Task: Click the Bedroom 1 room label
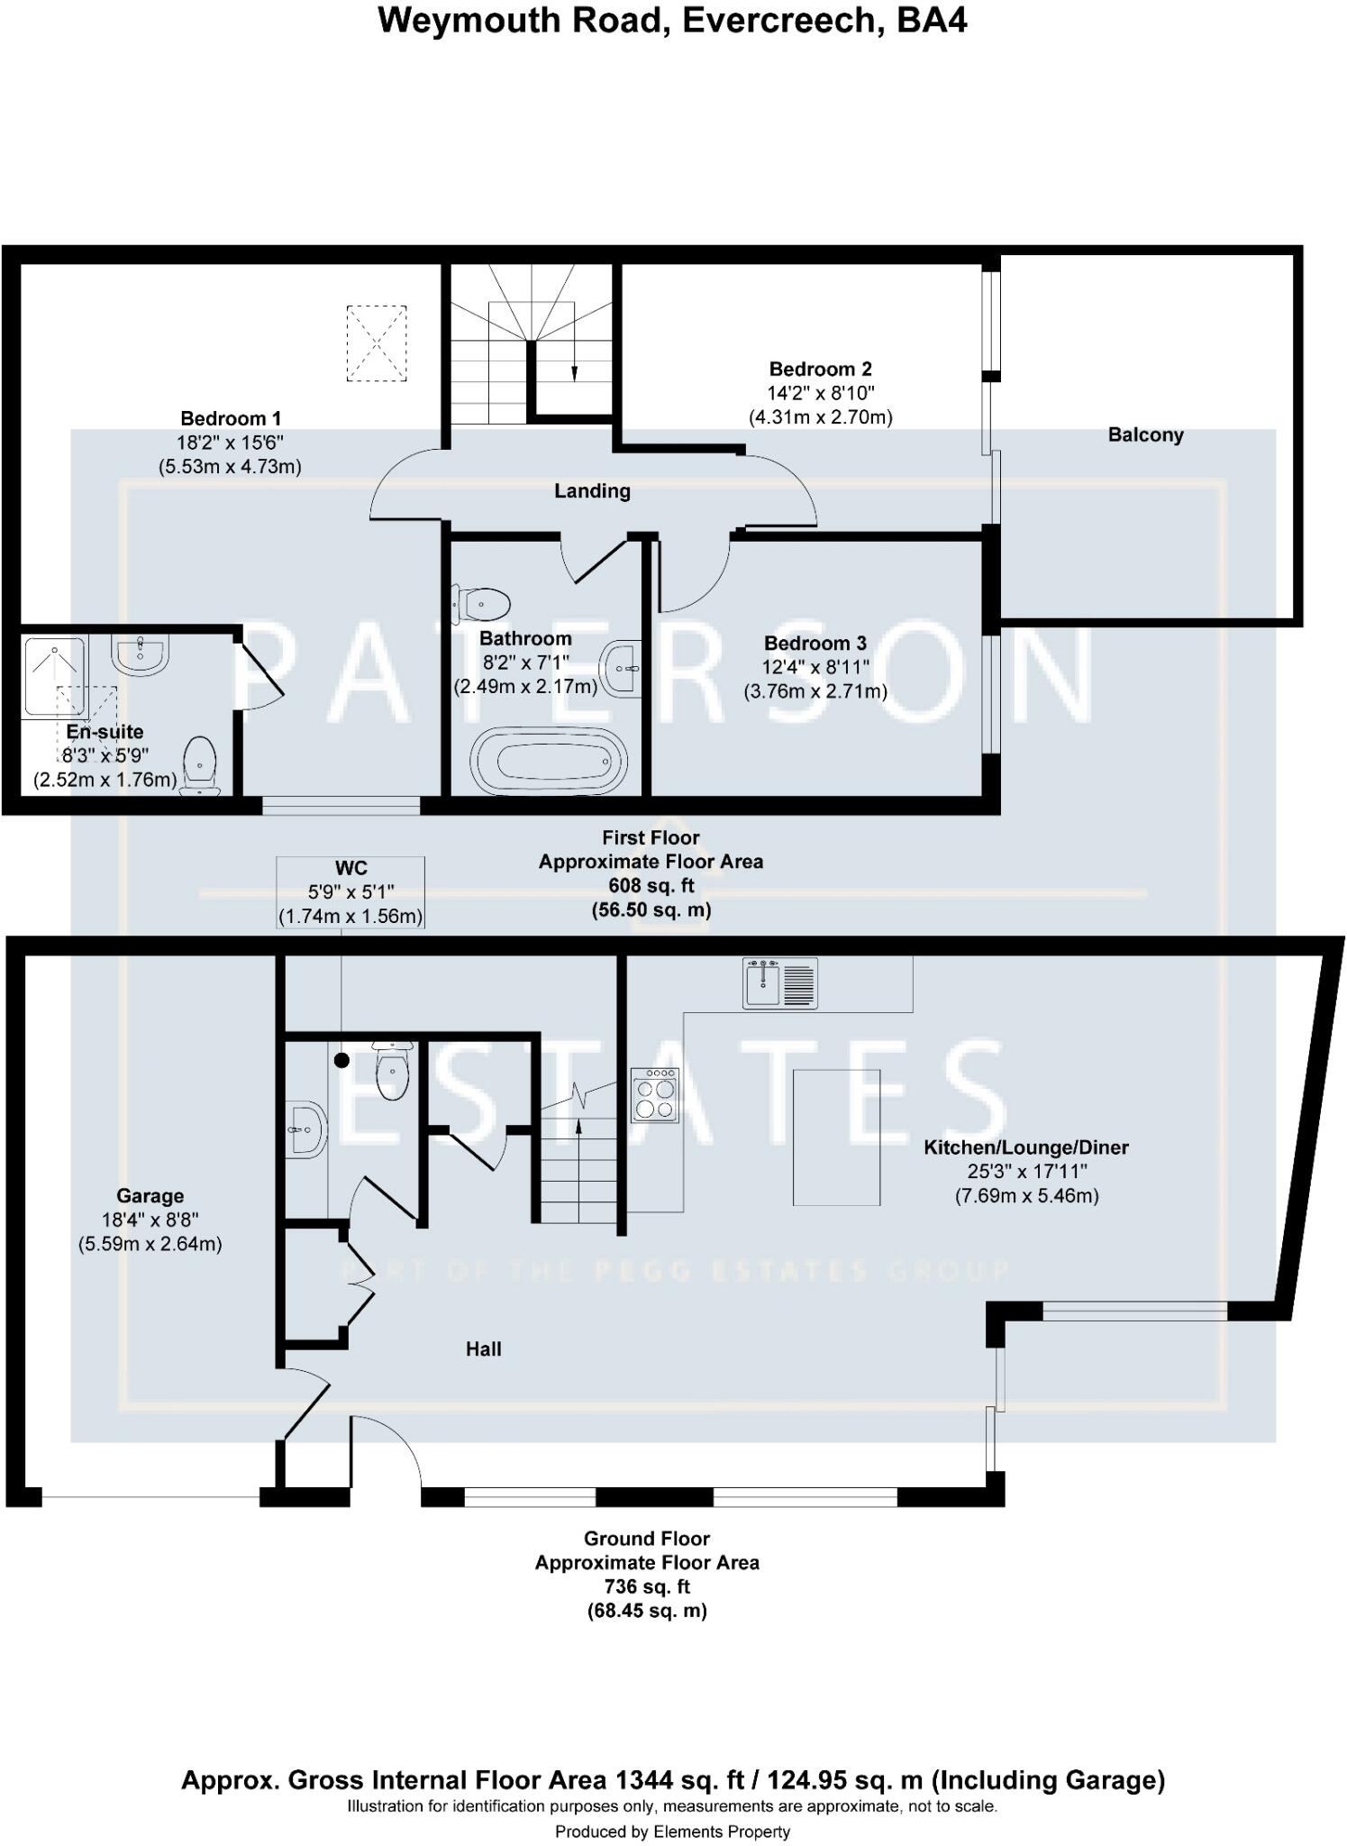click(x=231, y=418)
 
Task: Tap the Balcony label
click(x=1145, y=435)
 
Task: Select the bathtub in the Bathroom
click(x=550, y=762)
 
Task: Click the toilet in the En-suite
click(x=200, y=765)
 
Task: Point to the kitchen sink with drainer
click(x=779, y=982)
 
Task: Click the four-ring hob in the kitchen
click(x=655, y=1094)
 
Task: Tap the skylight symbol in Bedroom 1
click(x=377, y=343)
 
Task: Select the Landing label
click(x=592, y=491)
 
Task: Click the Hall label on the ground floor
click(x=484, y=1349)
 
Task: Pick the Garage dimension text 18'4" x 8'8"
click(x=150, y=1220)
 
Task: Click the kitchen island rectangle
click(x=836, y=1137)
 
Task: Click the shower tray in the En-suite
click(x=55, y=677)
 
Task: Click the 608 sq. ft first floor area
click(x=651, y=886)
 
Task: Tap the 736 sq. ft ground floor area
click(x=647, y=1586)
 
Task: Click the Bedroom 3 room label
click(x=815, y=644)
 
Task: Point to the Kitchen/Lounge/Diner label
click(x=1026, y=1147)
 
